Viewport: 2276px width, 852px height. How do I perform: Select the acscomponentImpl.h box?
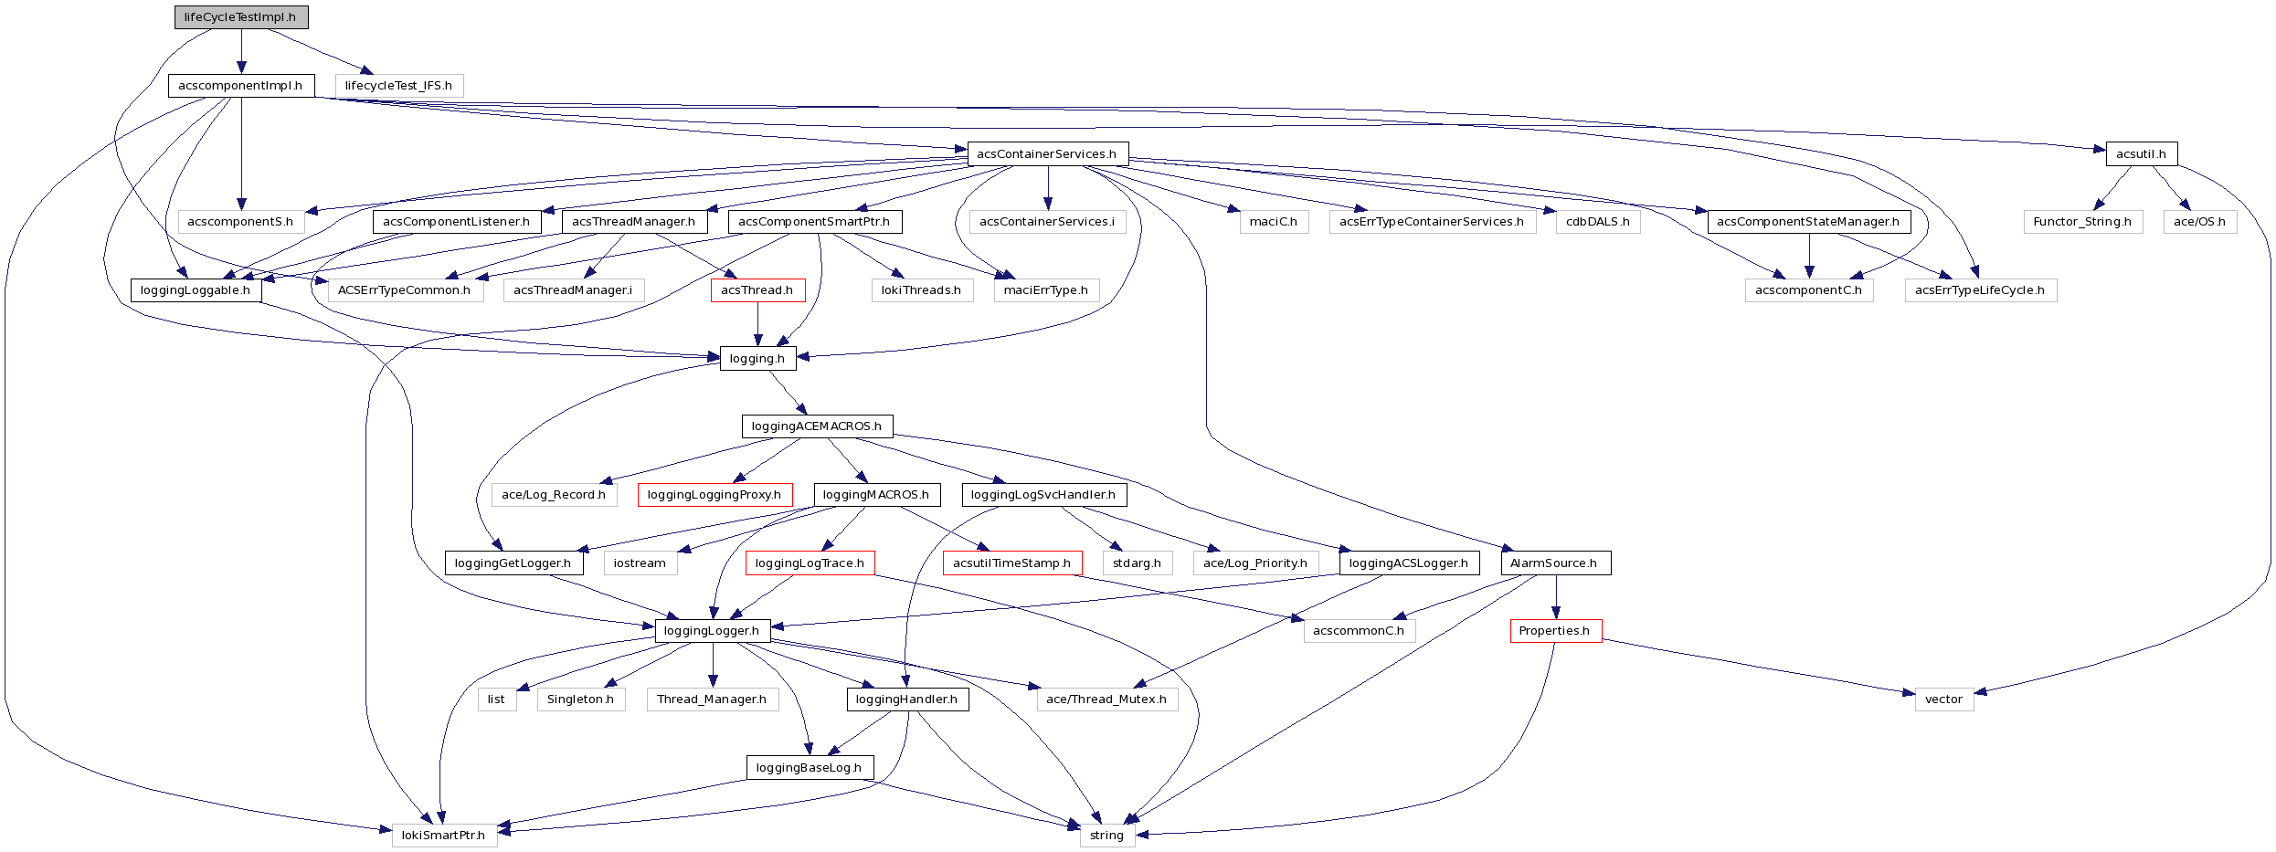[241, 86]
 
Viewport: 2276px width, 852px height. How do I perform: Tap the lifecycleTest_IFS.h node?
[398, 86]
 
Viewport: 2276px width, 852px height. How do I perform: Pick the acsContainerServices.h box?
[1047, 153]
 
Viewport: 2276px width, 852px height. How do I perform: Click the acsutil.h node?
[2141, 153]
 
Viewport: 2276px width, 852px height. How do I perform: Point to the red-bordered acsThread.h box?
[757, 290]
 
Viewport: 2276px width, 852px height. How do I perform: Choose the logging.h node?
[757, 359]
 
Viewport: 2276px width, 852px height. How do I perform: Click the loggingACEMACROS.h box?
[817, 426]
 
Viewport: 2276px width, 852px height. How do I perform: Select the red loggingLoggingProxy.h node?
[715, 495]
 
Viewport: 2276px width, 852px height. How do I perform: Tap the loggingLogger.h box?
[712, 631]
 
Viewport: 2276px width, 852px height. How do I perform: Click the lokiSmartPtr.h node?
[444, 836]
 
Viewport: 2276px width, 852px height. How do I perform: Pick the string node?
[1106, 836]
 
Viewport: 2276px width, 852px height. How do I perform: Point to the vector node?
[1943, 699]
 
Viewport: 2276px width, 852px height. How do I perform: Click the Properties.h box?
[1555, 631]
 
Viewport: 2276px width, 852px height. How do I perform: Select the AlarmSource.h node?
[1554, 563]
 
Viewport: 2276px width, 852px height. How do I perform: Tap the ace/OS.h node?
[2199, 222]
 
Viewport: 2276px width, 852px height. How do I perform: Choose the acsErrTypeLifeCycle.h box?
[1980, 290]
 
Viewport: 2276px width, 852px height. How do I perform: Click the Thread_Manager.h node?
[712, 699]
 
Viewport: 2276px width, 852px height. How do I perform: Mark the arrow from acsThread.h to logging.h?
[757, 324]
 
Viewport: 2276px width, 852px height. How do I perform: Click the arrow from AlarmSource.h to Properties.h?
[1555, 597]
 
